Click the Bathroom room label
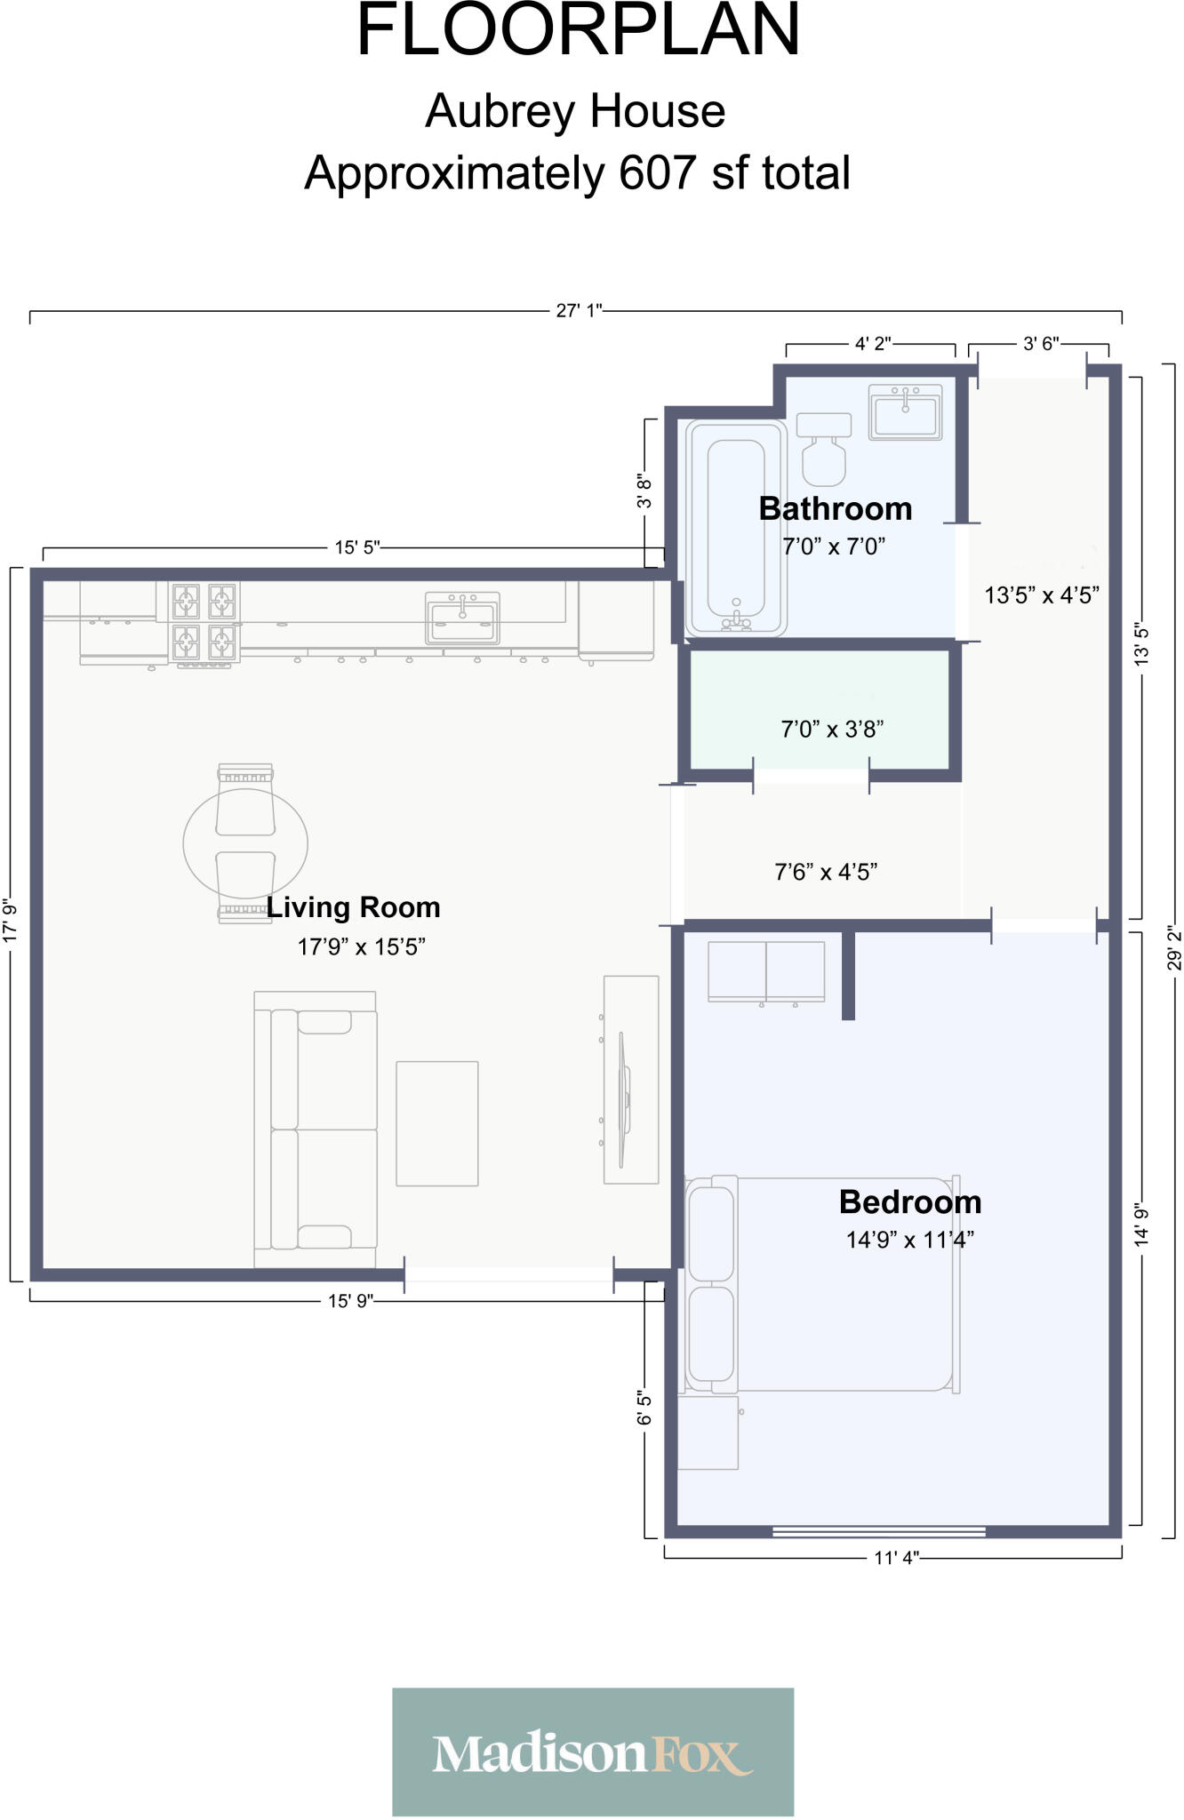(x=835, y=508)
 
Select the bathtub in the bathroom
(x=735, y=527)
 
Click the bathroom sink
(x=905, y=412)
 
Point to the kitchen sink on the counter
(x=462, y=618)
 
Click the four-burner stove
(x=204, y=621)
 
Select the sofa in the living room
(x=316, y=1129)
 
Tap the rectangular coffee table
(x=436, y=1123)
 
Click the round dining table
(x=245, y=842)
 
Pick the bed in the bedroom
(x=822, y=1284)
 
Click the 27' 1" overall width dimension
(x=579, y=310)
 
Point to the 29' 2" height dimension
(x=1175, y=947)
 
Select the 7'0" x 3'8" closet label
(x=831, y=729)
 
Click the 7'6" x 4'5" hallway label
(x=826, y=872)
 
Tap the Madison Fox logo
(x=593, y=1751)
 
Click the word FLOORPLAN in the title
(x=578, y=31)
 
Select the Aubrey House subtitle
(x=575, y=111)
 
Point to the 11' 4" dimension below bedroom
(x=896, y=1558)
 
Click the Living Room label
(x=354, y=907)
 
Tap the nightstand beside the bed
(x=708, y=1433)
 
